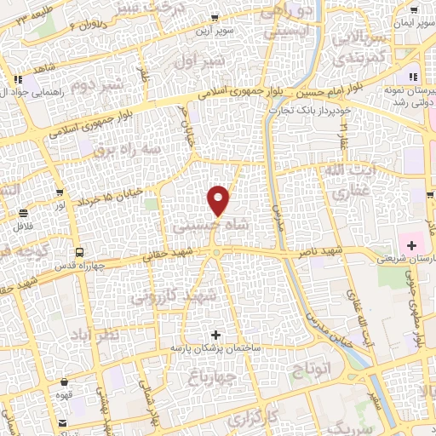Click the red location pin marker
click(220, 201)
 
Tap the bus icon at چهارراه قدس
click(78, 252)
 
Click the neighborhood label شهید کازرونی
click(167, 298)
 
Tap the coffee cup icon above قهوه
click(65, 395)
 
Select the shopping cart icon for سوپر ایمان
click(414, 10)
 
